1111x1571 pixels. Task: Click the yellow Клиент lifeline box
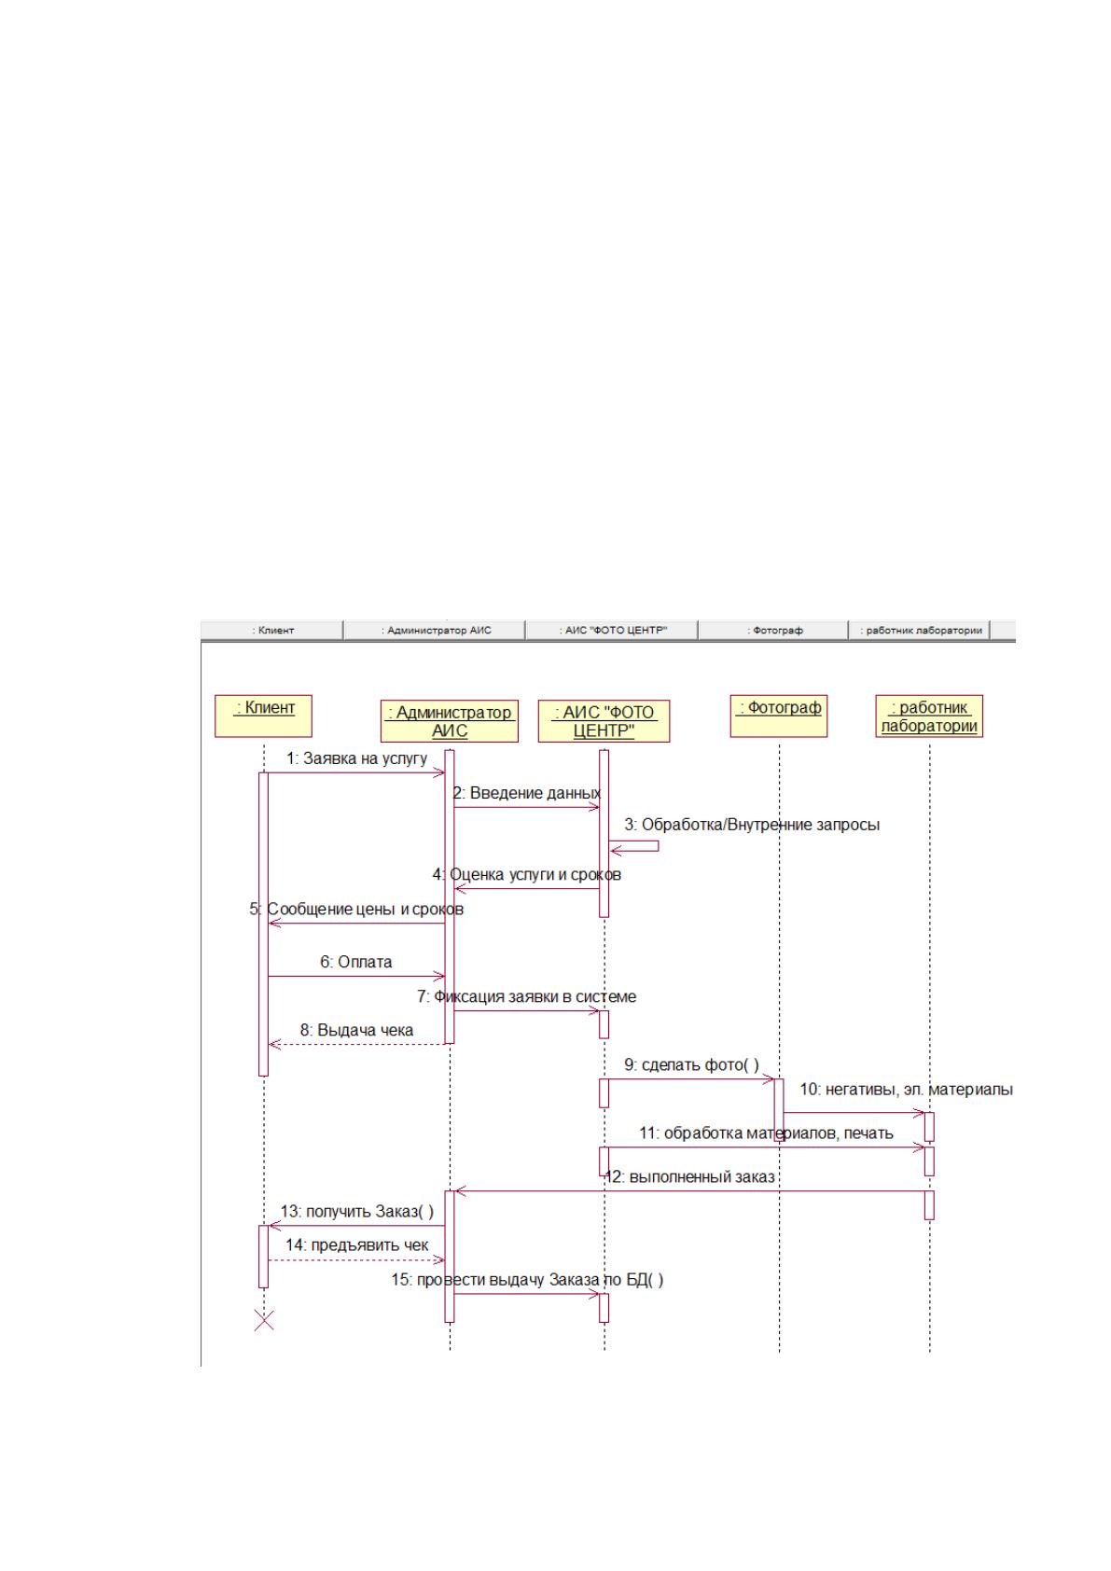pyautogui.click(x=263, y=716)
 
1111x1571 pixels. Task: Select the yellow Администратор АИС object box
pyautogui.click(x=449, y=721)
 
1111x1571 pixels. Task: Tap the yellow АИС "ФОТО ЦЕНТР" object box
pyautogui.click(x=604, y=721)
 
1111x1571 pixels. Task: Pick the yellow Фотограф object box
pyautogui.click(x=779, y=716)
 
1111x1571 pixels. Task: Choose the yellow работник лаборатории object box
pyautogui.click(x=929, y=716)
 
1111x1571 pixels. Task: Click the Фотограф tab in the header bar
pyautogui.click(x=773, y=630)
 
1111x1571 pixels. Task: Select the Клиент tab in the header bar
pyautogui.click(x=272, y=630)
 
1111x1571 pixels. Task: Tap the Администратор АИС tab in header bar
pyautogui.click(x=435, y=630)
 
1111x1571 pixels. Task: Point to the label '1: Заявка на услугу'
pyautogui.click(x=356, y=758)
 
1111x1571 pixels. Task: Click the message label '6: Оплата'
pyautogui.click(x=355, y=962)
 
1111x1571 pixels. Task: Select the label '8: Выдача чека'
pyautogui.click(x=356, y=1030)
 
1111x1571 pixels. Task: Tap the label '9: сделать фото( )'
pyautogui.click(x=691, y=1064)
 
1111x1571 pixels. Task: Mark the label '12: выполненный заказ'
pyautogui.click(x=689, y=1176)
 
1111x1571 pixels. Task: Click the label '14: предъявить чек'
pyautogui.click(x=356, y=1244)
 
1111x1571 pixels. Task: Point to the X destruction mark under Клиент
pyautogui.click(x=264, y=1320)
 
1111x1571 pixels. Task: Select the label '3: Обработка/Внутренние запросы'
pyautogui.click(x=752, y=824)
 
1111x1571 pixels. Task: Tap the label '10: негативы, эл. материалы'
pyautogui.click(x=906, y=1090)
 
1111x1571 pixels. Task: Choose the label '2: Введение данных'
pyautogui.click(x=527, y=793)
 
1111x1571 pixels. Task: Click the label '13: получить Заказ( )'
pyautogui.click(x=357, y=1211)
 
